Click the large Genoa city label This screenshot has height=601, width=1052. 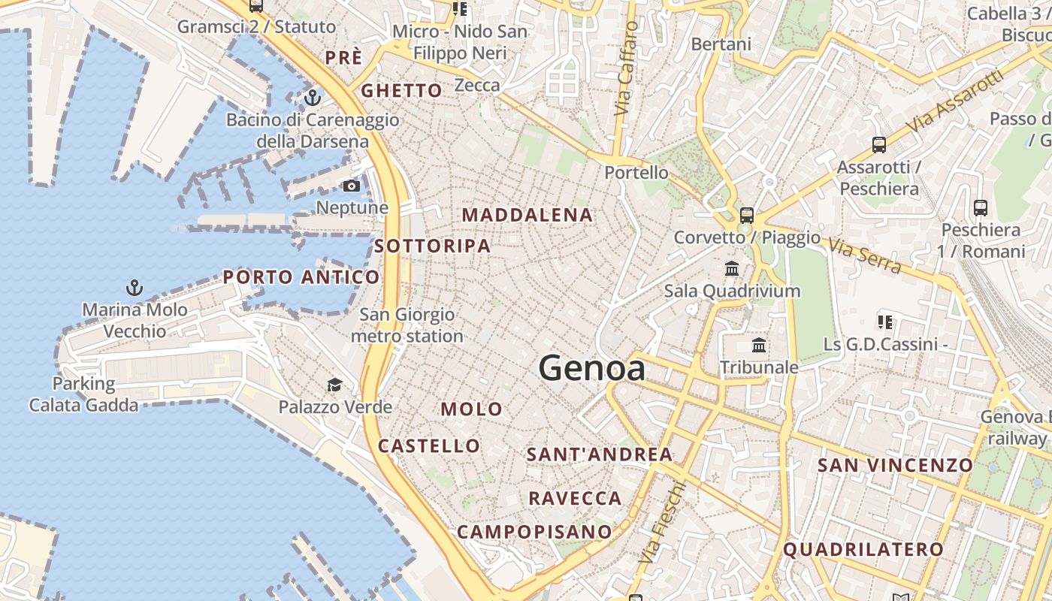tap(591, 369)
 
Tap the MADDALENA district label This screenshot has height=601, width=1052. tap(527, 215)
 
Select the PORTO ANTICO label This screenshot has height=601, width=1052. tap(301, 277)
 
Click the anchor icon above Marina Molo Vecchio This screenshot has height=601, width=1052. tap(135, 288)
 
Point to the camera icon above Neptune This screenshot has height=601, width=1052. tap(351, 186)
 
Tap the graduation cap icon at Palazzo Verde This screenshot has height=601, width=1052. tap(334, 385)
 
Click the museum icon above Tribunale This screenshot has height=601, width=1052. tap(759, 346)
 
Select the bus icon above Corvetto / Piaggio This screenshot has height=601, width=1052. tap(746, 216)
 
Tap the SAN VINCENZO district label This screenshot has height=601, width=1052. tap(895, 465)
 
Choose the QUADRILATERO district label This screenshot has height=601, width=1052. tap(863, 549)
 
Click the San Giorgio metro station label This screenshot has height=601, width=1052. tap(407, 325)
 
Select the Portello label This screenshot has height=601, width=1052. tap(636, 173)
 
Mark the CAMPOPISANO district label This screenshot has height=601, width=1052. tap(534, 532)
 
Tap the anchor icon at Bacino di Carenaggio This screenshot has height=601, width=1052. tap(312, 98)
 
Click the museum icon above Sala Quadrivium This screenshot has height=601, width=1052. tap(731, 268)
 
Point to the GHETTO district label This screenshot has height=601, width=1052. tap(402, 91)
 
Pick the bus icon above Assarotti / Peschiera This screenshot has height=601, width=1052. tap(878, 145)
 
